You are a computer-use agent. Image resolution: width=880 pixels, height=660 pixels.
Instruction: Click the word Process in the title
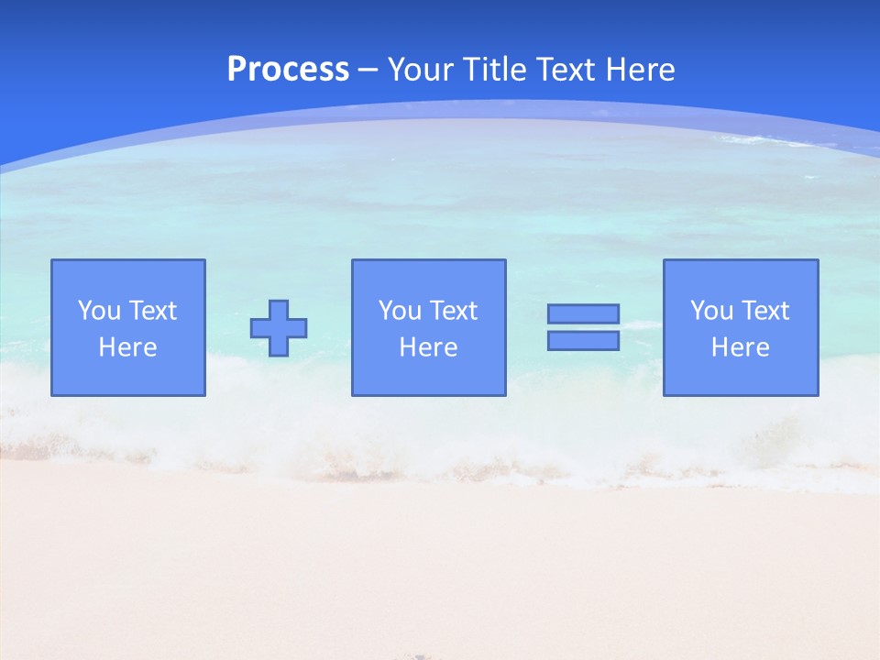(288, 70)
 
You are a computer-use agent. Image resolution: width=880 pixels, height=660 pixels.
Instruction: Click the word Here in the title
(641, 70)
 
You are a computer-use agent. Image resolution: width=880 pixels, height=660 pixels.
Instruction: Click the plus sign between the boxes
(279, 328)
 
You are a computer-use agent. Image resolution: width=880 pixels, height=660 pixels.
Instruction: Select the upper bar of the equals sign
(583, 314)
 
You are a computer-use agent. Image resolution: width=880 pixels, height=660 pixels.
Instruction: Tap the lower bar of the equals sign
(583, 340)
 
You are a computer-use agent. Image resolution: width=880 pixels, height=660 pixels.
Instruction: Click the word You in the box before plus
(99, 311)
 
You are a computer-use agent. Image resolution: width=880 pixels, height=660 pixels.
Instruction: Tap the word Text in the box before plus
(152, 311)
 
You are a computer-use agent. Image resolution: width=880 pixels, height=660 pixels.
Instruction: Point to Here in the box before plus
(128, 347)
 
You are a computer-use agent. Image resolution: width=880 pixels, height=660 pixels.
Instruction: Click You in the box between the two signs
(400, 311)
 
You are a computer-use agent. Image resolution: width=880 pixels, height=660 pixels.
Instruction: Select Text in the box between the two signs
(453, 311)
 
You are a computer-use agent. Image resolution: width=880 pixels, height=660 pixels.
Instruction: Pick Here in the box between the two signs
(429, 347)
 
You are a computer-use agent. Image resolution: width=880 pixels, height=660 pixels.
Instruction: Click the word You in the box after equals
(711, 311)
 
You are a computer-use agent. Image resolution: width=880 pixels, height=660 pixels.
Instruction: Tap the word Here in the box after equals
(741, 347)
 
